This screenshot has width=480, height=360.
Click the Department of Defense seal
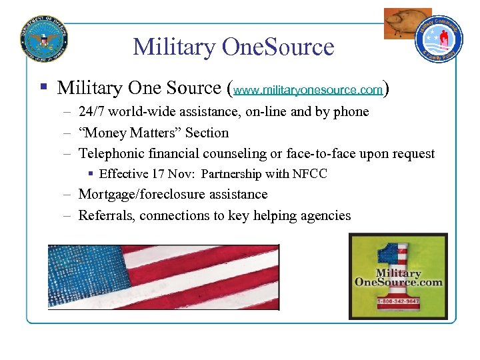point(44,36)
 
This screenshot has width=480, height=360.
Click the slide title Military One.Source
point(233,47)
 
